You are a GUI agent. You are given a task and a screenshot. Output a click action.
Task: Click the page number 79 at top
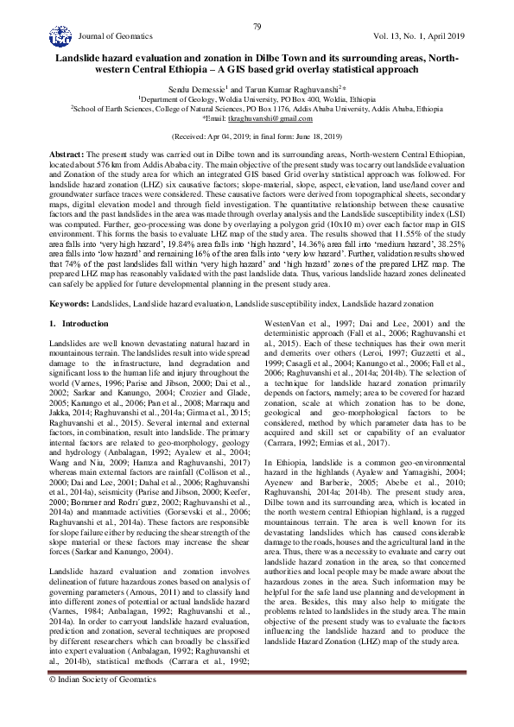257,28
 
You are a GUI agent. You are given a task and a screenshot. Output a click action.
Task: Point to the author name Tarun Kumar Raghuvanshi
294,88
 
